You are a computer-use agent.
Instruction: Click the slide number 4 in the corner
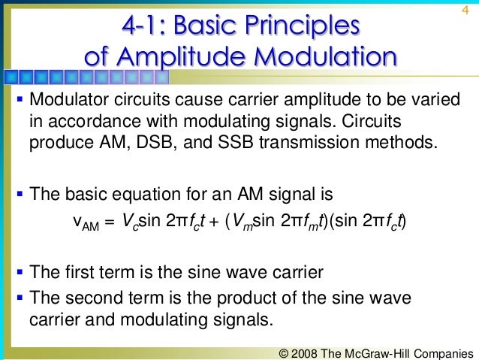465,10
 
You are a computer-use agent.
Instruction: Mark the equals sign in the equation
107,222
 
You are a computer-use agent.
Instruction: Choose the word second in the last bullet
95,298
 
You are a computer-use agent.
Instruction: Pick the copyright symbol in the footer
283,352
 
